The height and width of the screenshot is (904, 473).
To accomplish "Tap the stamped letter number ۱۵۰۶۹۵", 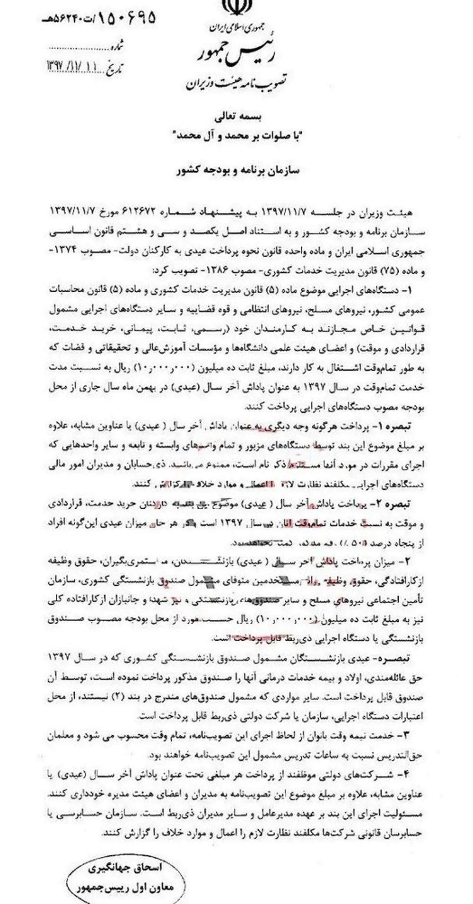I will (127, 18).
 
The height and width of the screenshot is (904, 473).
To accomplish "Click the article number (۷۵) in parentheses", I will (395, 272).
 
